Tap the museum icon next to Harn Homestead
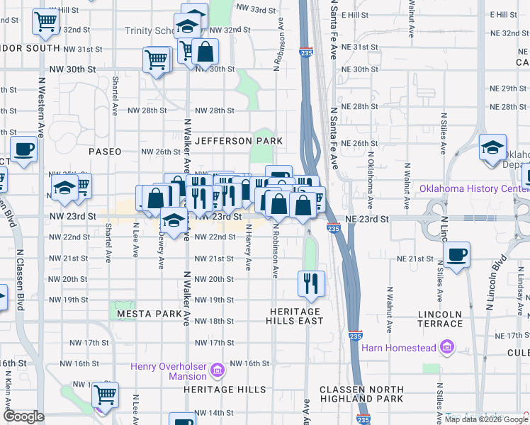(446, 347)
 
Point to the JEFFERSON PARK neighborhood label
(239, 141)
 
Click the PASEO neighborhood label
(105, 152)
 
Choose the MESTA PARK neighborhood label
(150, 313)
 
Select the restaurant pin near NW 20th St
(311, 284)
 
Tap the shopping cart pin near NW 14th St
(105, 395)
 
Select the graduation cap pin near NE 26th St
(492, 149)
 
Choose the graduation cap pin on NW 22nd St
(174, 221)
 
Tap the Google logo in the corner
(24, 416)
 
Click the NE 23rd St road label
(368, 220)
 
